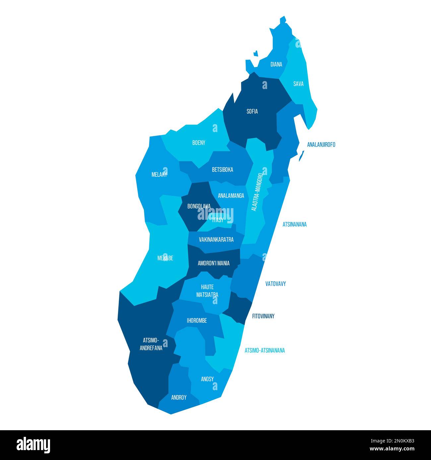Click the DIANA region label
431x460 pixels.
(x=276, y=65)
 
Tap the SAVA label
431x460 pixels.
(x=298, y=84)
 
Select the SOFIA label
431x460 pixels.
(x=252, y=112)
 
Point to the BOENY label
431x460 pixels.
(x=199, y=143)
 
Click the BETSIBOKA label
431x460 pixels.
(x=222, y=170)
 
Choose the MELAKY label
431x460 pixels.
(x=159, y=175)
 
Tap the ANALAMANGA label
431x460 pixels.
(x=231, y=196)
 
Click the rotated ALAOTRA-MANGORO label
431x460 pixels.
(x=257, y=192)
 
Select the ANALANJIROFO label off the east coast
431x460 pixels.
(x=321, y=145)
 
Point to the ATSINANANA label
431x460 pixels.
(x=294, y=224)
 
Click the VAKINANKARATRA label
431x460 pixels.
(x=216, y=240)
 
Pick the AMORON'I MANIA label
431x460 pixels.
(x=214, y=263)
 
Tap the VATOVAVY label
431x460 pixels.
(x=276, y=284)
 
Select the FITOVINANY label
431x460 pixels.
(x=263, y=316)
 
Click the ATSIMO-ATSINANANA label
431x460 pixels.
(x=265, y=350)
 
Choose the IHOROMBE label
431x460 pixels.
(x=197, y=321)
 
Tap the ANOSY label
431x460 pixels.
(x=207, y=379)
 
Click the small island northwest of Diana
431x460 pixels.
(x=256, y=53)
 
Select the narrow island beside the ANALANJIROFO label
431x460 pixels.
(x=301, y=156)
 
